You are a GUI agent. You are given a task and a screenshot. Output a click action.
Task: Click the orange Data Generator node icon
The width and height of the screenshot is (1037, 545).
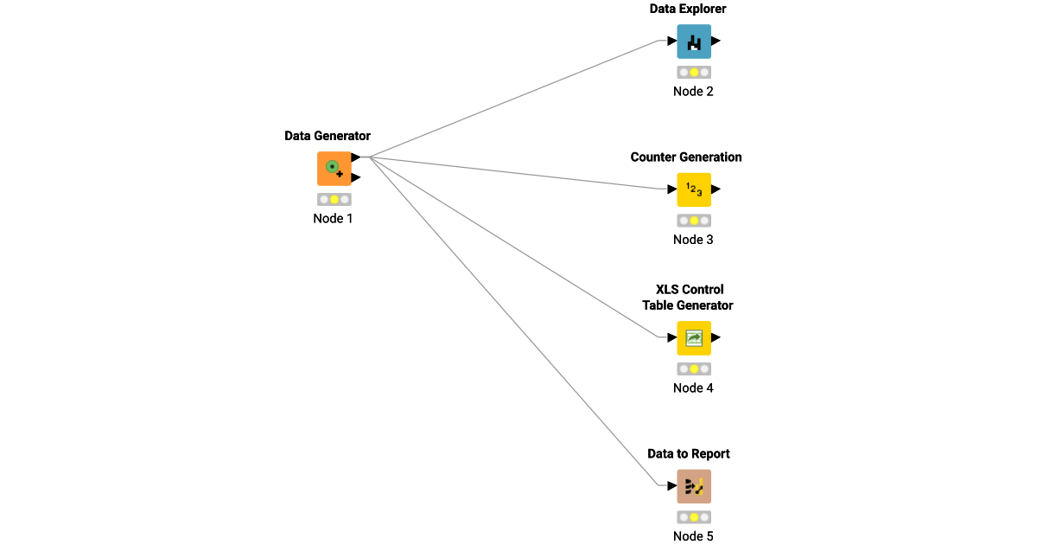[x=334, y=169]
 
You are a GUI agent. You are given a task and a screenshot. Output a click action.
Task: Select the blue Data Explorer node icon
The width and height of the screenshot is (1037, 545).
[x=693, y=42]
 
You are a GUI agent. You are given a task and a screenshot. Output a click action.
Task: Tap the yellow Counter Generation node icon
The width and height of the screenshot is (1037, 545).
[x=693, y=189]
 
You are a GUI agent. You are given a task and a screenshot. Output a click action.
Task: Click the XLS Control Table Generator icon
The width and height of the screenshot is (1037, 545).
[x=693, y=338]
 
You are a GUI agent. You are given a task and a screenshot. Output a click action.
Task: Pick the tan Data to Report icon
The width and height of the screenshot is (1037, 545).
[x=693, y=486]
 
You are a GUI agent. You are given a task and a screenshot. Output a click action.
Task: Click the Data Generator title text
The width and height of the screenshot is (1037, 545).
[x=328, y=136]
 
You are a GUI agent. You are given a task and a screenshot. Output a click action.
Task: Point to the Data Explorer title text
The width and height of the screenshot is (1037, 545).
[x=688, y=9]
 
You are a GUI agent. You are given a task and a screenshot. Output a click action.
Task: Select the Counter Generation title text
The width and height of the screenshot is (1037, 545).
[x=686, y=157]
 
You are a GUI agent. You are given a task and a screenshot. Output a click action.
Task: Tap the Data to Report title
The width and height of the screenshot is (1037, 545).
[x=689, y=454]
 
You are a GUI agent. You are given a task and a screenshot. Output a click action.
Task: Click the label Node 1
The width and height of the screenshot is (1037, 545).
[x=333, y=219]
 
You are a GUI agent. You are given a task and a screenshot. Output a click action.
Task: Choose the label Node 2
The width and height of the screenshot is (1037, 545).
[x=693, y=92]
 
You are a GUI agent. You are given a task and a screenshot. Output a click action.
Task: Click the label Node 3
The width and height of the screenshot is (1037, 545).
[x=693, y=240]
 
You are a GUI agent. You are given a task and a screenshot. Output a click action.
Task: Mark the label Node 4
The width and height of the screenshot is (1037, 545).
[x=693, y=388]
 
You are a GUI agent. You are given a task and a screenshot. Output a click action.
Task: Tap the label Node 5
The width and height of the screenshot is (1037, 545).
[x=693, y=536]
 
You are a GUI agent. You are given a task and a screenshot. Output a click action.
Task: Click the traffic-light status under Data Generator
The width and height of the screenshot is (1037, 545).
[x=334, y=200]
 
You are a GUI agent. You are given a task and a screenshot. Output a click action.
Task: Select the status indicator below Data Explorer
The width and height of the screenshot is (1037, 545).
[x=693, y=73]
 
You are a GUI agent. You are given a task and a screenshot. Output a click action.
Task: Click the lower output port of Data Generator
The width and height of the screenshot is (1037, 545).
[x=356, y=177]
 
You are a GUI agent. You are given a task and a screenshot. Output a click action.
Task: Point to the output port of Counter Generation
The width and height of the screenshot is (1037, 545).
[x=716, y=189]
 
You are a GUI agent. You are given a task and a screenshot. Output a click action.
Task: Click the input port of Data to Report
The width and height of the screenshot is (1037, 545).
[x=671, y=486]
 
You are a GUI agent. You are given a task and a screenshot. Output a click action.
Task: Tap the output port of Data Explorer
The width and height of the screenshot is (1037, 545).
[x=716, y=41]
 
